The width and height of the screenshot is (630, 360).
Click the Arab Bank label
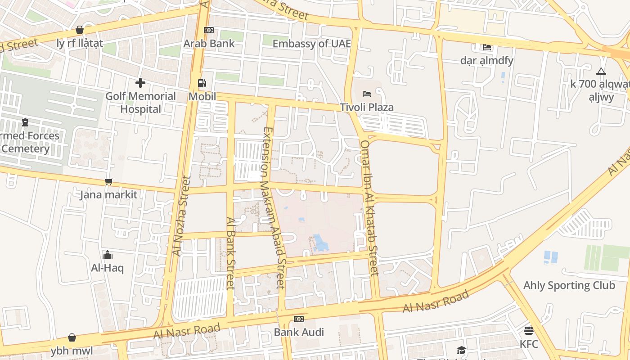coord(209,44)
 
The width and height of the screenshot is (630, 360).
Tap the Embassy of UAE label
coord(311,44)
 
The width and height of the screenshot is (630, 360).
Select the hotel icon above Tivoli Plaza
coord(367,94)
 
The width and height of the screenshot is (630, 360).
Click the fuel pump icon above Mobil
coord(202,83)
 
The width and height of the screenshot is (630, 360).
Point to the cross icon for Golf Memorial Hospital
coord(140,83)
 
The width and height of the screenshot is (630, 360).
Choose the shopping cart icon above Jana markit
coord(108,181)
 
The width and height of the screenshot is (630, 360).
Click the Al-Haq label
coord(107,268)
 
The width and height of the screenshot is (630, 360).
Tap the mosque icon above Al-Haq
coord(108,255)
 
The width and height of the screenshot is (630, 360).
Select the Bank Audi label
coord(299,333)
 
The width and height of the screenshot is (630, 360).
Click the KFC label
coord(529,344)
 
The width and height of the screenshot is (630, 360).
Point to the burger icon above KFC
coord(529,331)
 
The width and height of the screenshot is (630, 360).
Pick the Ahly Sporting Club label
coord(569,285)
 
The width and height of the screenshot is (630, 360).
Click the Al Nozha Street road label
coord(182,216)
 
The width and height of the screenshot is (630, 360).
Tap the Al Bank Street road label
coord(231,253)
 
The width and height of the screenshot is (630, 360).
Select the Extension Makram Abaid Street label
coord(274,207)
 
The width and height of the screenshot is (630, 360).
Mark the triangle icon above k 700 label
coord(601,71)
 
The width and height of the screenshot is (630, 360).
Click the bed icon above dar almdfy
coord(486,47)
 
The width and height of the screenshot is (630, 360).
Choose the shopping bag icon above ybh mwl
coord(72,337)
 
